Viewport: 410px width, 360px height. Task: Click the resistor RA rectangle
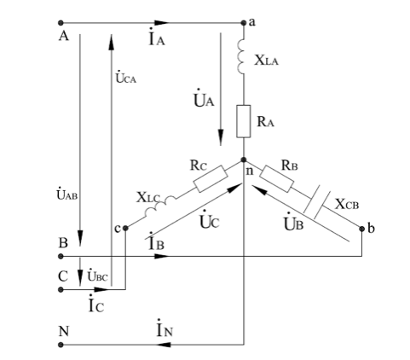pyautogui.click(x=244, y=121)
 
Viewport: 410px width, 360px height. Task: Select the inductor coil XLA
pyautogui.click(x=241, y=57)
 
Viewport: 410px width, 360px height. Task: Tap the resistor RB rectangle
pyautogui.click(x=276, y=178)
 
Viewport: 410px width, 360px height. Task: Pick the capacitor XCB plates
pyautogui.click(x=317, y=202)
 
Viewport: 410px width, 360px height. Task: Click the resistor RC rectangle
pyautogui.click(x=211, y=178)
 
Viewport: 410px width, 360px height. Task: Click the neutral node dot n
pyautogui.click(x=244, y=160)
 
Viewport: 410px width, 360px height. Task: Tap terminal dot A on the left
pyautogui.click(x=61, y=23)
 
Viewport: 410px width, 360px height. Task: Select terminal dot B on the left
pyautogui.click(x=61, y=257)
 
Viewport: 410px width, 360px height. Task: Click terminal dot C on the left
pyautogui.click(x=61, y=290)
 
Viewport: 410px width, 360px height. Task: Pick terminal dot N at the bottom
pyautogui.click(x=61, y=345)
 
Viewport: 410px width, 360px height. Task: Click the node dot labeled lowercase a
pyautogui.click(x=244, y=23)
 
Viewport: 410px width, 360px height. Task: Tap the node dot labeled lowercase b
pyautogui.click(x=361, y=229)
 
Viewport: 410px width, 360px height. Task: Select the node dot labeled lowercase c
pyautogui.click(x=125, y=228)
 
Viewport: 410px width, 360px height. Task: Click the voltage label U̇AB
pyautogui.click(x=67, y=194)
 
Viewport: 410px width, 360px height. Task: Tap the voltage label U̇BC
pyautogui.click(x=97, y=275)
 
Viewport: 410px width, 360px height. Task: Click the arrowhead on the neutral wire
pyautogui.click(x=164, y=345)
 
